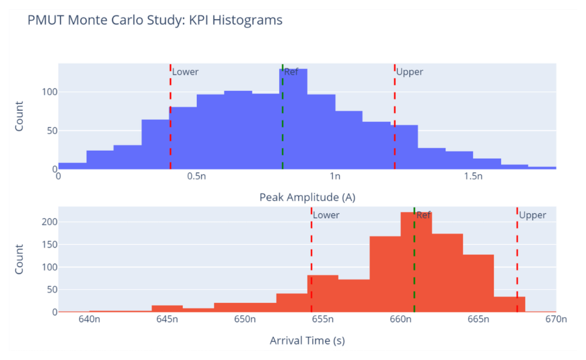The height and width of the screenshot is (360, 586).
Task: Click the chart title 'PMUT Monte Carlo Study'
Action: pos(154,21)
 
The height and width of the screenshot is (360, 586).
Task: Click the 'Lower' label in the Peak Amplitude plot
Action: pos(185,72)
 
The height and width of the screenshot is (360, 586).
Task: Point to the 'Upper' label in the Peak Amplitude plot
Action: pos(409,72)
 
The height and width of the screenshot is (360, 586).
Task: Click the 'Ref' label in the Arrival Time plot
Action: pos(423,215)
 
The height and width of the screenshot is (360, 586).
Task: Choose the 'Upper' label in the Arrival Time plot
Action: pos(532,215)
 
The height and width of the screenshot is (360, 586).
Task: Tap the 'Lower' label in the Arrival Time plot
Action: pos(326,215)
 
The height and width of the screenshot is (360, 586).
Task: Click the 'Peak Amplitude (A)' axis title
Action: pos(307,197)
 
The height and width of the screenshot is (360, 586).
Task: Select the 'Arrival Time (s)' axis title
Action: pos(307,341)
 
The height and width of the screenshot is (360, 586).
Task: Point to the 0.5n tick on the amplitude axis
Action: pos(196,177)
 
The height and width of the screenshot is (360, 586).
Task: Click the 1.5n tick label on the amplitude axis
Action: pos(473,177)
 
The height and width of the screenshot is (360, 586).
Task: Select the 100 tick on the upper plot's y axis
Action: pos(49,92)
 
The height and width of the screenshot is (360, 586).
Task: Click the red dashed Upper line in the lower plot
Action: pos(517,261)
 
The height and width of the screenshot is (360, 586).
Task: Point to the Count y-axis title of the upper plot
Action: pos(19,116)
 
